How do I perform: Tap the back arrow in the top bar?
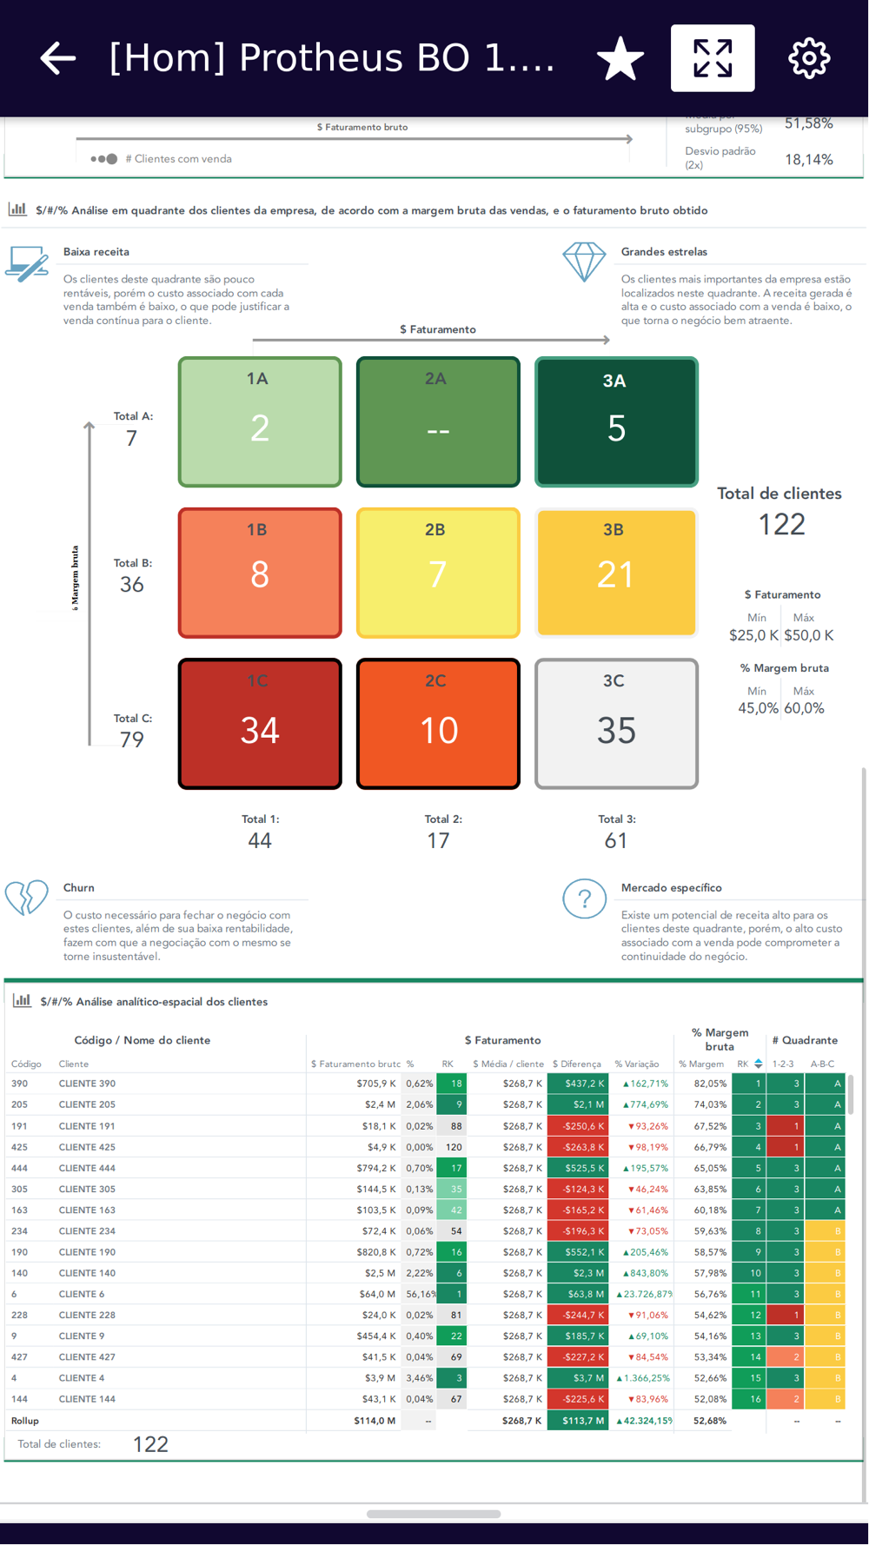point(58,59)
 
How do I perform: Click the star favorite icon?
point(620,59)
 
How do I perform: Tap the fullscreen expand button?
point(713,58)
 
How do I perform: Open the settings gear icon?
point(808,59)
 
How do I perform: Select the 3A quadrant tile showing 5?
point(616,422)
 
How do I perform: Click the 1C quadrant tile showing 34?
point(260,724)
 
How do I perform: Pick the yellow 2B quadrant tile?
point(438,573)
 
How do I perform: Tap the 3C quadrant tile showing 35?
point(616,724)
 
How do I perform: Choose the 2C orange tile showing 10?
point(438,724)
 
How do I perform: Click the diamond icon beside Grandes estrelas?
point(584,262)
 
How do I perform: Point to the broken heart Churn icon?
point(27,898)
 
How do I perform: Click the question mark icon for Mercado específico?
point(584,899)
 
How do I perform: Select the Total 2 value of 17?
point(438,840)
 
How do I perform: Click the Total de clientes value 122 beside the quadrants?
point(781,524)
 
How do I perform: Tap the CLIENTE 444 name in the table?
point(87,1168)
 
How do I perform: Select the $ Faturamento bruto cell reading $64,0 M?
point(378,1294)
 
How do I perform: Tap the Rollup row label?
point(25,1421)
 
